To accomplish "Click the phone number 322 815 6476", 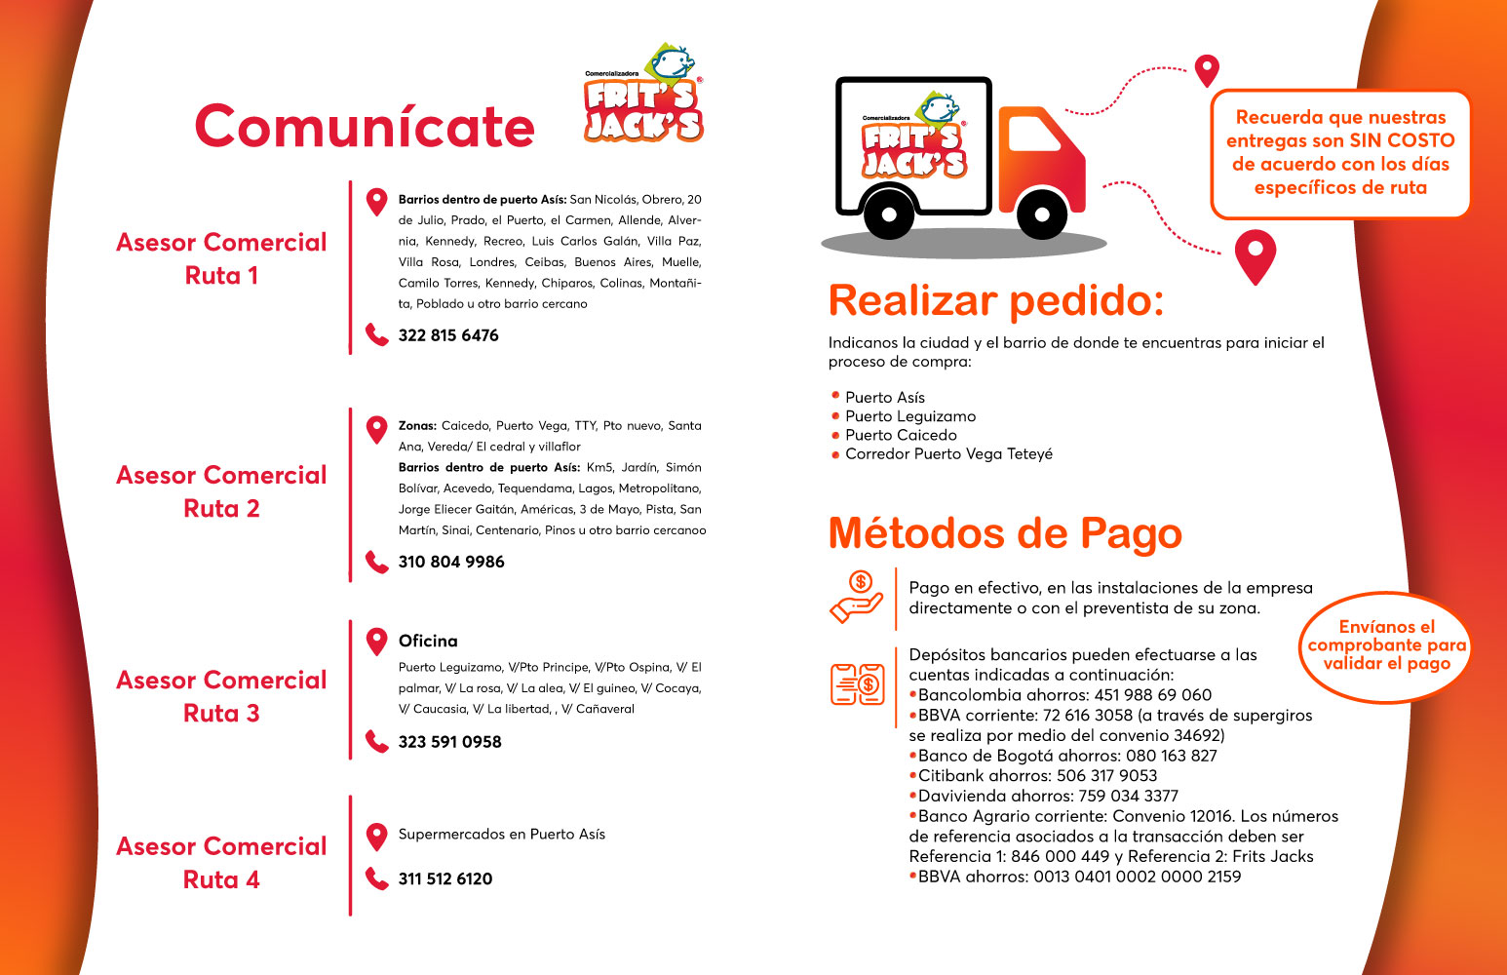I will point(448,335).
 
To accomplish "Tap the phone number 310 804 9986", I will point(451,562).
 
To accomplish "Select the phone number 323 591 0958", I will point(449,742).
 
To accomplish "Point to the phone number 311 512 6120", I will point(445,878).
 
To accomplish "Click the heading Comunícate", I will point(365,127).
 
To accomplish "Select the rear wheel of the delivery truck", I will point(888,214).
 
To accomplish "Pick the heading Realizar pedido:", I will point(996,300).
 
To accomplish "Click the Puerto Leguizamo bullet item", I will point(910,416).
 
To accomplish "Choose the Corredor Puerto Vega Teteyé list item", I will point(948,454).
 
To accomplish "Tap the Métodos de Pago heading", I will point(1005,533).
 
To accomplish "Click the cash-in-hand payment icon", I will point(856,597).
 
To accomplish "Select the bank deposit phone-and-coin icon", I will point(857,683).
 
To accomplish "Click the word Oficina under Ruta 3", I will point(428,641).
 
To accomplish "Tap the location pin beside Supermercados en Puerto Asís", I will point(376,837).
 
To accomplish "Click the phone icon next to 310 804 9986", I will point(376,562).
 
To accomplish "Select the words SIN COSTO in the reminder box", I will point(1402,140).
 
